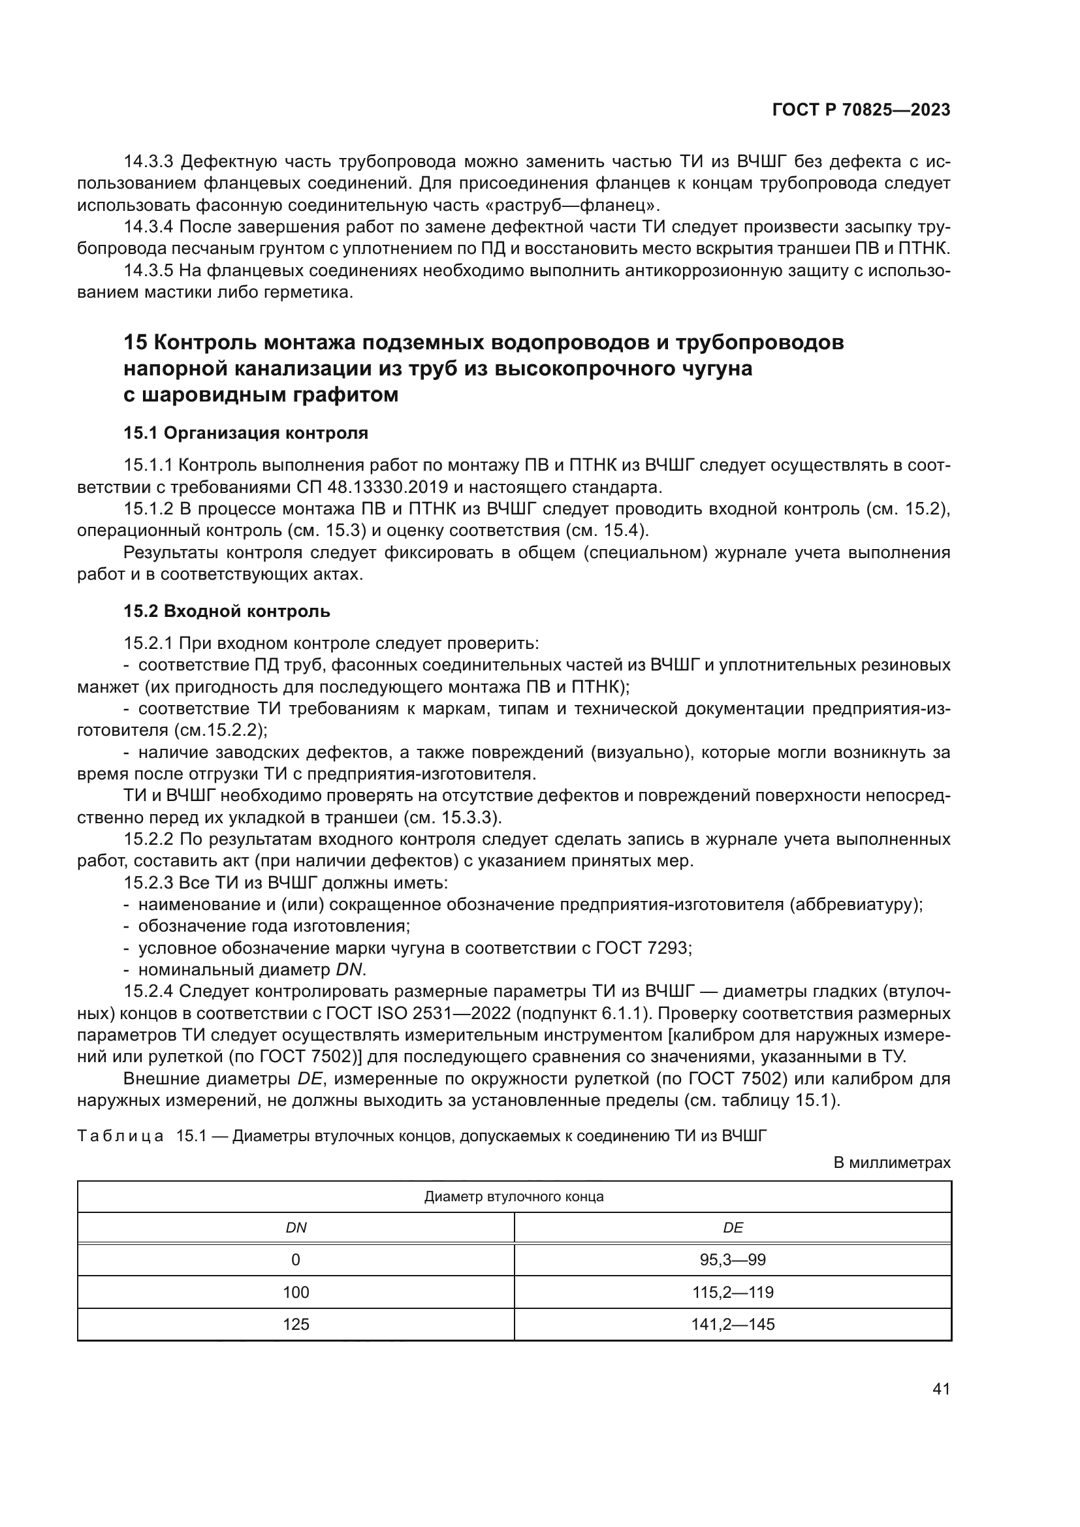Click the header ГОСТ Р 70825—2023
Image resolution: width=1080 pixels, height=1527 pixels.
tap(861, 110)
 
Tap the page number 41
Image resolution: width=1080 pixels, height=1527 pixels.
tap(941, 1389)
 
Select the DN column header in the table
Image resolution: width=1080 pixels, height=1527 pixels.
tap(296, 1228)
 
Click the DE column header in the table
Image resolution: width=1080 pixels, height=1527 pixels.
tap(733, 1228)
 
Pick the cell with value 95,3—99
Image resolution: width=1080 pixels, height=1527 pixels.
tap(733, 1259)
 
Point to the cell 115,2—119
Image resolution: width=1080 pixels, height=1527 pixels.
tap(733, 1292)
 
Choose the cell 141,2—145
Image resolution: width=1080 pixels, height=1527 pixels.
tap(733, 1324)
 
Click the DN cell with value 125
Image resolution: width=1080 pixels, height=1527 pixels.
tap(296, 1324)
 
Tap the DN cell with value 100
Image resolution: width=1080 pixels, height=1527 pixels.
tap(296, 1292)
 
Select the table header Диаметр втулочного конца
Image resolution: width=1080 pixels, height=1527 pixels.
tap(514, 1197)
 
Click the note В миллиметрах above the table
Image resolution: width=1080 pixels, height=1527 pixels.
tap(892, 1163)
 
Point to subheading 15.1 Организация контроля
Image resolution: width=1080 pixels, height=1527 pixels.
tap(246, 433)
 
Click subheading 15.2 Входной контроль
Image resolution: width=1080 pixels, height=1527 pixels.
tap(227, 611)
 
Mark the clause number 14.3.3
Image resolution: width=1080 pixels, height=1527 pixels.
tap(148, 162)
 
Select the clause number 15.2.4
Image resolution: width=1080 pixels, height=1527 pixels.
tap(148, 992)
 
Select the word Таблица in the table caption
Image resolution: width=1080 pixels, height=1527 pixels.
tap(120, 1136)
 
